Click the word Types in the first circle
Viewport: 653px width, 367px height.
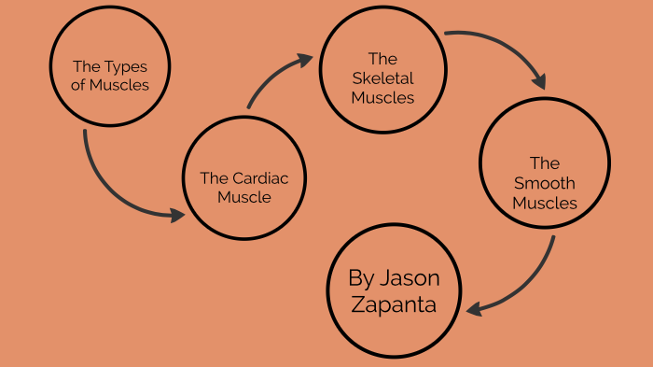(x=126, y=66)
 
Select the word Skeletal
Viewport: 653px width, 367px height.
(x=382, y=78)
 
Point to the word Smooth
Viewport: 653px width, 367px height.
(x=544, y=183)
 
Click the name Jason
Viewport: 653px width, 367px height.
(x=409, y=277)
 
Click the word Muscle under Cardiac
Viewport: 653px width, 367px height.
(x=244, y=197)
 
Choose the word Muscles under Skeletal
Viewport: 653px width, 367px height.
(x=382, y=97)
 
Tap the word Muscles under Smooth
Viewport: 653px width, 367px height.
(x=545, y=203)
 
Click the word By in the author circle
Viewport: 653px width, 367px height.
(x=362, y=277)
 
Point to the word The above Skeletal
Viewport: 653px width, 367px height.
(x=382, y=58)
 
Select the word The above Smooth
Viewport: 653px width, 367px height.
(x=544, y=163)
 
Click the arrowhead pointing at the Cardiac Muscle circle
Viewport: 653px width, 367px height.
(x=177, y=215)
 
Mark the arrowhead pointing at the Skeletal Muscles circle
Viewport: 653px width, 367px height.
(x=305, y=59)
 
